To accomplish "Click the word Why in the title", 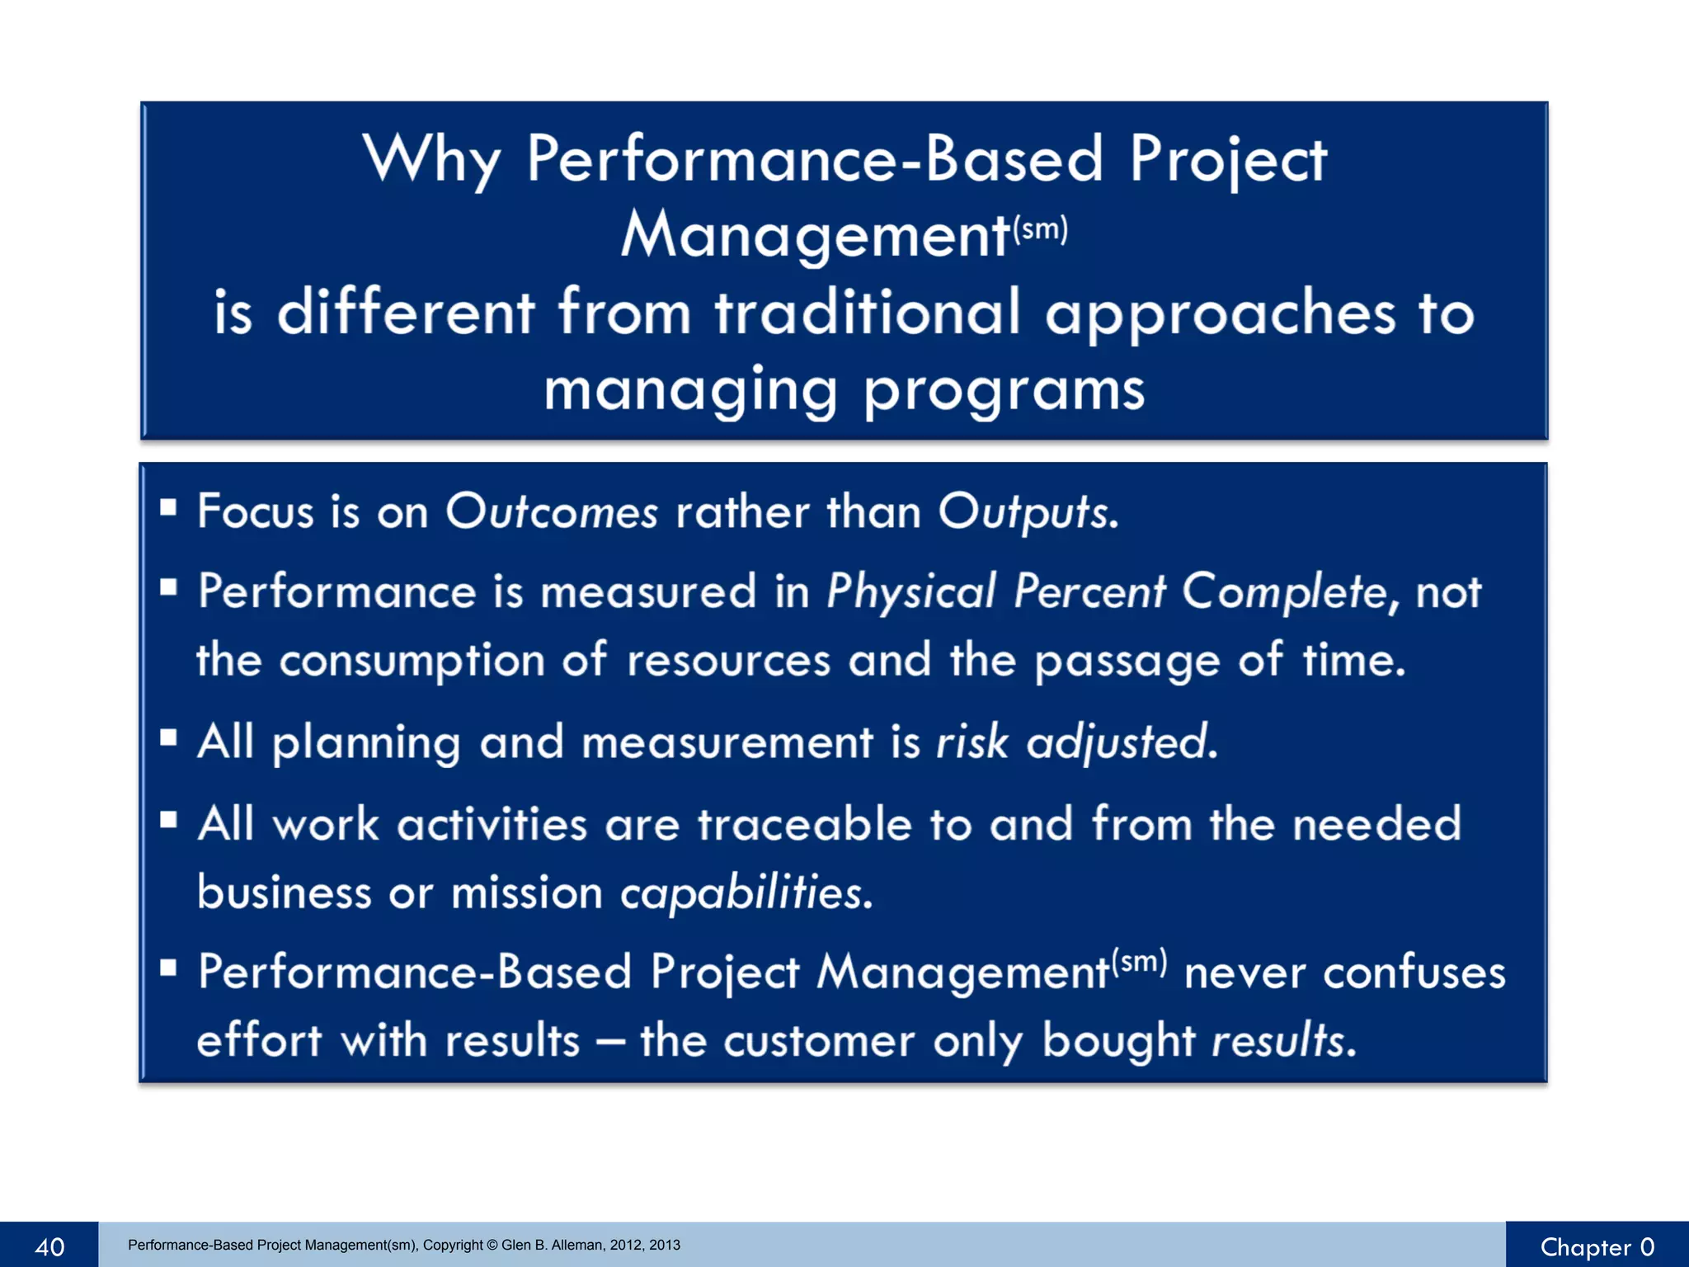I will (x=431, y=158).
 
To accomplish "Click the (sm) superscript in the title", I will (x=1040, y=228).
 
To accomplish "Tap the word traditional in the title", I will (x=868, y=313).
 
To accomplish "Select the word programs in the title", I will (x=1004, y=390).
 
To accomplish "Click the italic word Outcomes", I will (x=551, y=511).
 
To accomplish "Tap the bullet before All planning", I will (x=169, y=737).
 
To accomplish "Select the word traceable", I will (x=804, y=824).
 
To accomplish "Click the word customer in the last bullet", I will (x=819, y=1040).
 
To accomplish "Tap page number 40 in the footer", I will (x=49, y=1246).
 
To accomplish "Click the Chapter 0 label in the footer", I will (x=1597, y=1246).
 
